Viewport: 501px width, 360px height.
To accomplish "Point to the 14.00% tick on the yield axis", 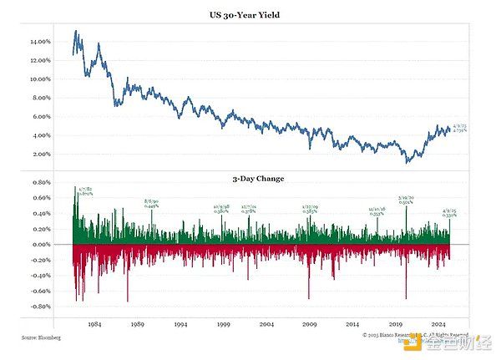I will [x=40, y=41].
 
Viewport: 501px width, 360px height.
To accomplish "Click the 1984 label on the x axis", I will [x=94, y=323].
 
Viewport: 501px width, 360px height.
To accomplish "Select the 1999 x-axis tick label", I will [x=223, y=323].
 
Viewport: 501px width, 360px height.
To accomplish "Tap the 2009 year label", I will [x=310, y=323].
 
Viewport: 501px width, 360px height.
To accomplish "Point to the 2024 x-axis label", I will [x=439, y=323].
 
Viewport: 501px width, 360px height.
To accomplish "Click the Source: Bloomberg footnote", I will [x=42, y=337].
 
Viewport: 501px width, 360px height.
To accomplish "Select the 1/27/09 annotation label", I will [x=309, y=209].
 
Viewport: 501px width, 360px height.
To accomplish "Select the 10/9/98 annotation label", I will [x=221, y=208].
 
